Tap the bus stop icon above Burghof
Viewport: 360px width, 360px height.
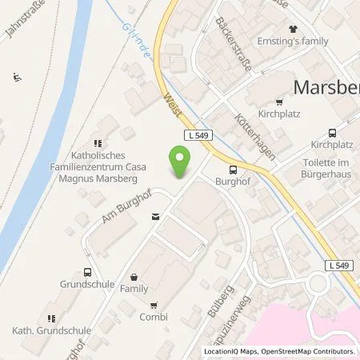[233, 170]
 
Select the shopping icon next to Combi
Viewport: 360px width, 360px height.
[153, 305]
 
